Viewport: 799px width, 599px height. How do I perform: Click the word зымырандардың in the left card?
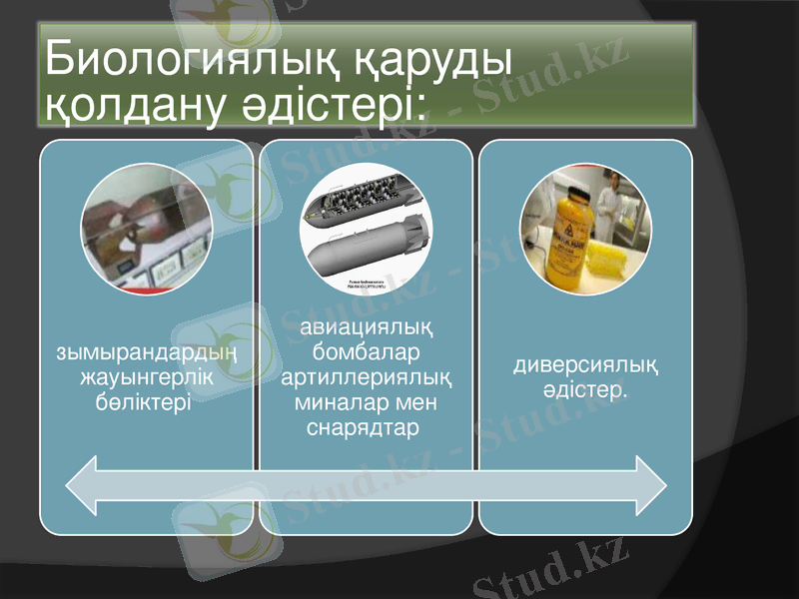click(x=146, y=352)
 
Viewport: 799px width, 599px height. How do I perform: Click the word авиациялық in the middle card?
click(x=366, y=328)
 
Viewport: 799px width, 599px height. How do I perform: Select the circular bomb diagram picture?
click(x=366, y=229)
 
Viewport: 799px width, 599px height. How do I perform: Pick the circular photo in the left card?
click(x=146, y=229)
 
